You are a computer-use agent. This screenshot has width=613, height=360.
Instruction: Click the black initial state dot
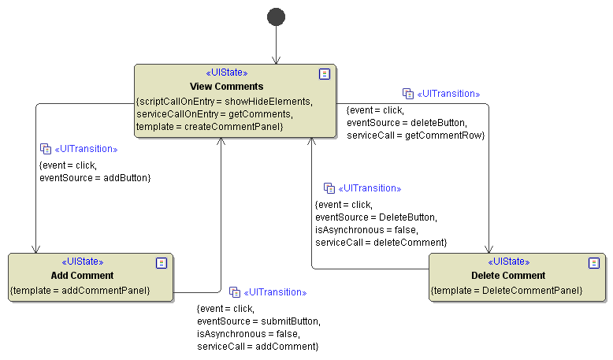point(276,17)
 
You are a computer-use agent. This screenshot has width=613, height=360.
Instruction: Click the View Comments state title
point(226,86)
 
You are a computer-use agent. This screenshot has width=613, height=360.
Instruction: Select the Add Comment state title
point(82,276)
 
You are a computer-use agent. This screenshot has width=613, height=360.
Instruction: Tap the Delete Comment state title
point(508,276)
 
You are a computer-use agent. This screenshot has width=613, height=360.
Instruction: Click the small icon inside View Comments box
point(324,73)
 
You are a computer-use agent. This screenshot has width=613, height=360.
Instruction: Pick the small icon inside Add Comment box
point(162,262)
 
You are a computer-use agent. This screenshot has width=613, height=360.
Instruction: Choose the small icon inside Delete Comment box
point(594,262)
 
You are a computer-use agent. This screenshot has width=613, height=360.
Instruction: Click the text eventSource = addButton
point(95,178)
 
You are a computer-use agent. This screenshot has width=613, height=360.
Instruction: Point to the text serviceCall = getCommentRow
point(415,135)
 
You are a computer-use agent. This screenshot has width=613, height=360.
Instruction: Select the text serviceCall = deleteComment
point(381,242)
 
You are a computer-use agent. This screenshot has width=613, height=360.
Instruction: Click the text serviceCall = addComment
point(258,346)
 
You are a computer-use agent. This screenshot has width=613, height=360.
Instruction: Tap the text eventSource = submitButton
point(258,321)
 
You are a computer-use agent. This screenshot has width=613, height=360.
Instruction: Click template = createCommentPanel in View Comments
point(210,126)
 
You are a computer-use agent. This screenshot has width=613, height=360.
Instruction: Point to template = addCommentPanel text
point(80,290)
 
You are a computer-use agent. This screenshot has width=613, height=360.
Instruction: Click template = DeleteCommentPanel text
point(507,291)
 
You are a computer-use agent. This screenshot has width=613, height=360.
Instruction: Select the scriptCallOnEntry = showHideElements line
point(225,102)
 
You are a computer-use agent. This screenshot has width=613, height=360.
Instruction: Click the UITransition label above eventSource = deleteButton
point(448,94)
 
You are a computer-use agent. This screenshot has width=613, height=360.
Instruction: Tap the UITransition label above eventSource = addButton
point(85,149)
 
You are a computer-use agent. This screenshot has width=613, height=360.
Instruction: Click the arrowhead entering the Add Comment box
point(35,248)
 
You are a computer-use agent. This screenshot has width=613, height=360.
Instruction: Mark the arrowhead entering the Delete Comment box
point(489,248)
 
